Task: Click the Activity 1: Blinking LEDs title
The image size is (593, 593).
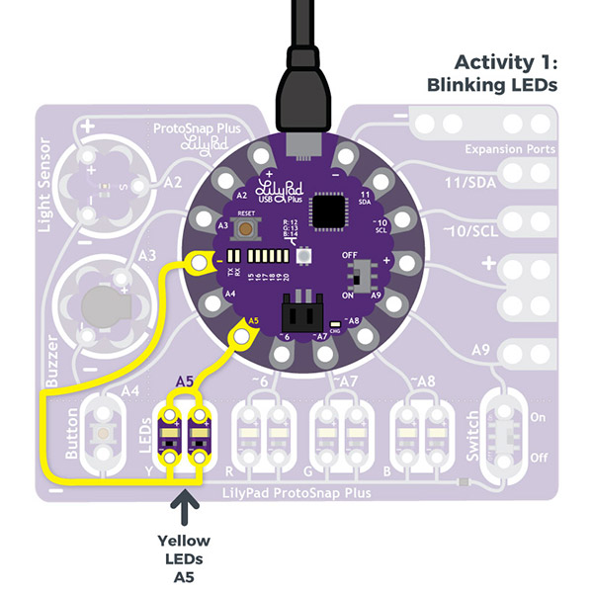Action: (x=491, y=73)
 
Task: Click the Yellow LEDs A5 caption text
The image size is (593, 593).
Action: (x=184, y=558)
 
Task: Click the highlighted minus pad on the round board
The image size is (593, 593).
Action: (x=201, y=263)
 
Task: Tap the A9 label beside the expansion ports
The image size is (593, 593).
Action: (x=481, y=350)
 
